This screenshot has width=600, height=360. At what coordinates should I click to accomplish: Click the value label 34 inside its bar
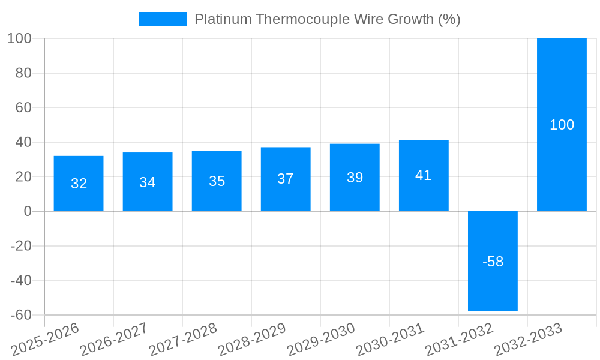(148, 182)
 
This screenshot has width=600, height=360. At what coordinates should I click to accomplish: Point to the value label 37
(286, 179)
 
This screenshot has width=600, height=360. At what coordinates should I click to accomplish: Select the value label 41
(424, 175)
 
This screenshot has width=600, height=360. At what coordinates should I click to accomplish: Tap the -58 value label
(493, 262)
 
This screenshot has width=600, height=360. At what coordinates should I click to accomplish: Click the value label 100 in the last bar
(562, 125)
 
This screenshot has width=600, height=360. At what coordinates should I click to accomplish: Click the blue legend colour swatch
(163, 19)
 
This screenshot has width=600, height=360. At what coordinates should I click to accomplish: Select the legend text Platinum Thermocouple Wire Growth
(328, 19)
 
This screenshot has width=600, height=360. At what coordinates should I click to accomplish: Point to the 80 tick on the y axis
(23, 73)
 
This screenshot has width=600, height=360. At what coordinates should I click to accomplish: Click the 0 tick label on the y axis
(28, 211)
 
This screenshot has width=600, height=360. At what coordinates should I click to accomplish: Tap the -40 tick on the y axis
(21, 280)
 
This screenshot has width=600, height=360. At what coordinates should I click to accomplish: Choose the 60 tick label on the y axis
(23, 108)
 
